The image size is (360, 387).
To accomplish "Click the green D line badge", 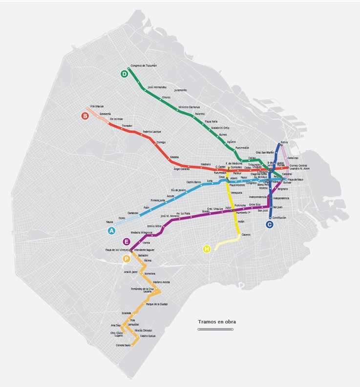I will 125,74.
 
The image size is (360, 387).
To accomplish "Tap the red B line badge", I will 85,116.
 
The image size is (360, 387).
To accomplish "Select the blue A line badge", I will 111,231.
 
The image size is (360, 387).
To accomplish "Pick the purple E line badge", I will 127,242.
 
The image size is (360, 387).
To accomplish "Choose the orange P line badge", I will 127,259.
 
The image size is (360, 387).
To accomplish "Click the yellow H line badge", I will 207,249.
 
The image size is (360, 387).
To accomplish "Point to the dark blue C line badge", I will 269,224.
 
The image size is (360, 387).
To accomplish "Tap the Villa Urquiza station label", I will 97,106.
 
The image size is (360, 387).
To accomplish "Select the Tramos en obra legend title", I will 217,322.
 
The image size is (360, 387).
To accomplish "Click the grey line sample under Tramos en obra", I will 215,329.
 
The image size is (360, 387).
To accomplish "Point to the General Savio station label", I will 123,345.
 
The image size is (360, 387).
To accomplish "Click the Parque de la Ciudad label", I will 156,304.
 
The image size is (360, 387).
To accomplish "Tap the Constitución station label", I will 279,218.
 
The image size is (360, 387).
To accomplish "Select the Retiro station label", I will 285,143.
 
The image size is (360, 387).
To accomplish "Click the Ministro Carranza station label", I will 189,107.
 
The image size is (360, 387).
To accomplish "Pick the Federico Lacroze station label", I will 151,132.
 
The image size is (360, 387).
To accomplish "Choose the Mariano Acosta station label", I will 161,282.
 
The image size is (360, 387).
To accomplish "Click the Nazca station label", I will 109,222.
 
